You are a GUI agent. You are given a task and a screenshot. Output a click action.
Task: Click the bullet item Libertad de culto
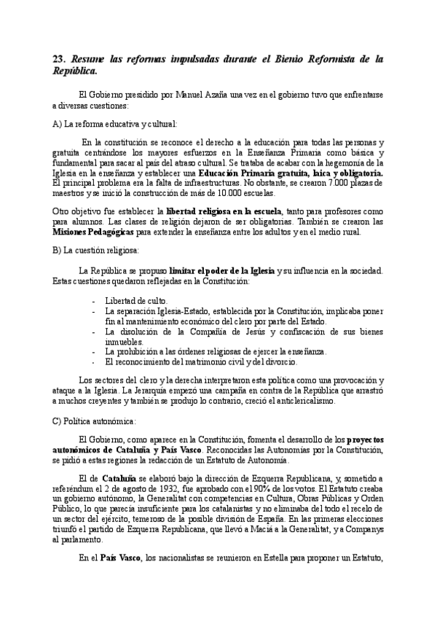click(137, 300)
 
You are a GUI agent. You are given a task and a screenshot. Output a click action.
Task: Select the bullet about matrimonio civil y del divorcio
click(211, 361)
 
